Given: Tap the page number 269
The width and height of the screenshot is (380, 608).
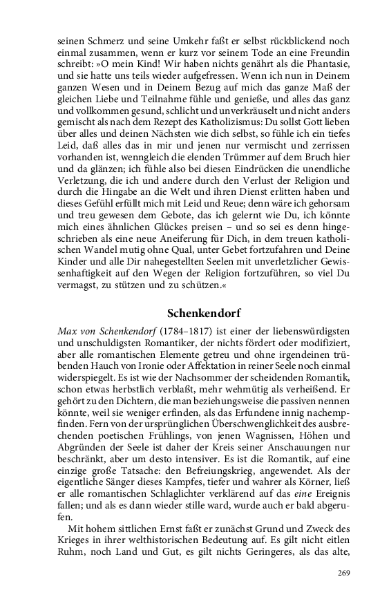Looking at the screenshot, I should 345,573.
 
